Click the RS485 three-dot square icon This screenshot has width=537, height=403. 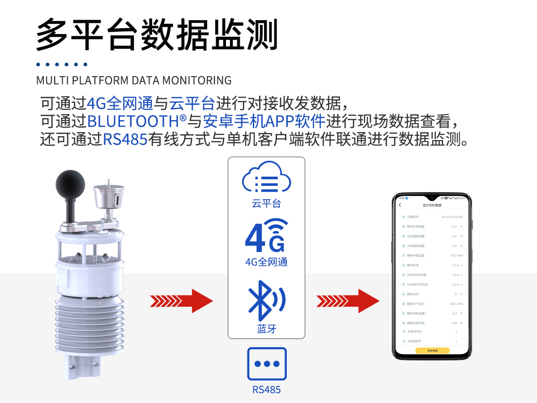pos(267,364)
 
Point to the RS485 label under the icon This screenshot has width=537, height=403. pos(267,390)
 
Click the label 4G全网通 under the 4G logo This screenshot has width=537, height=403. pos(266,262)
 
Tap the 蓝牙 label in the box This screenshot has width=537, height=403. pos(267,329)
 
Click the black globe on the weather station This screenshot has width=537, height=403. pos(70,184)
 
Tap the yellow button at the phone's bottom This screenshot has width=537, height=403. pos(432,351)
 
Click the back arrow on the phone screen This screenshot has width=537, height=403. pos(400,205)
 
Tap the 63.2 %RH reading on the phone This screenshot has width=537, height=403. pos(456,255)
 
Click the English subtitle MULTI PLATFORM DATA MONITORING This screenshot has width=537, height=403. pos(134,81)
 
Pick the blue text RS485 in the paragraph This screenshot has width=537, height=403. pos(125,139)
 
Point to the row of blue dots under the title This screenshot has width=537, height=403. pos(62,64)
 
